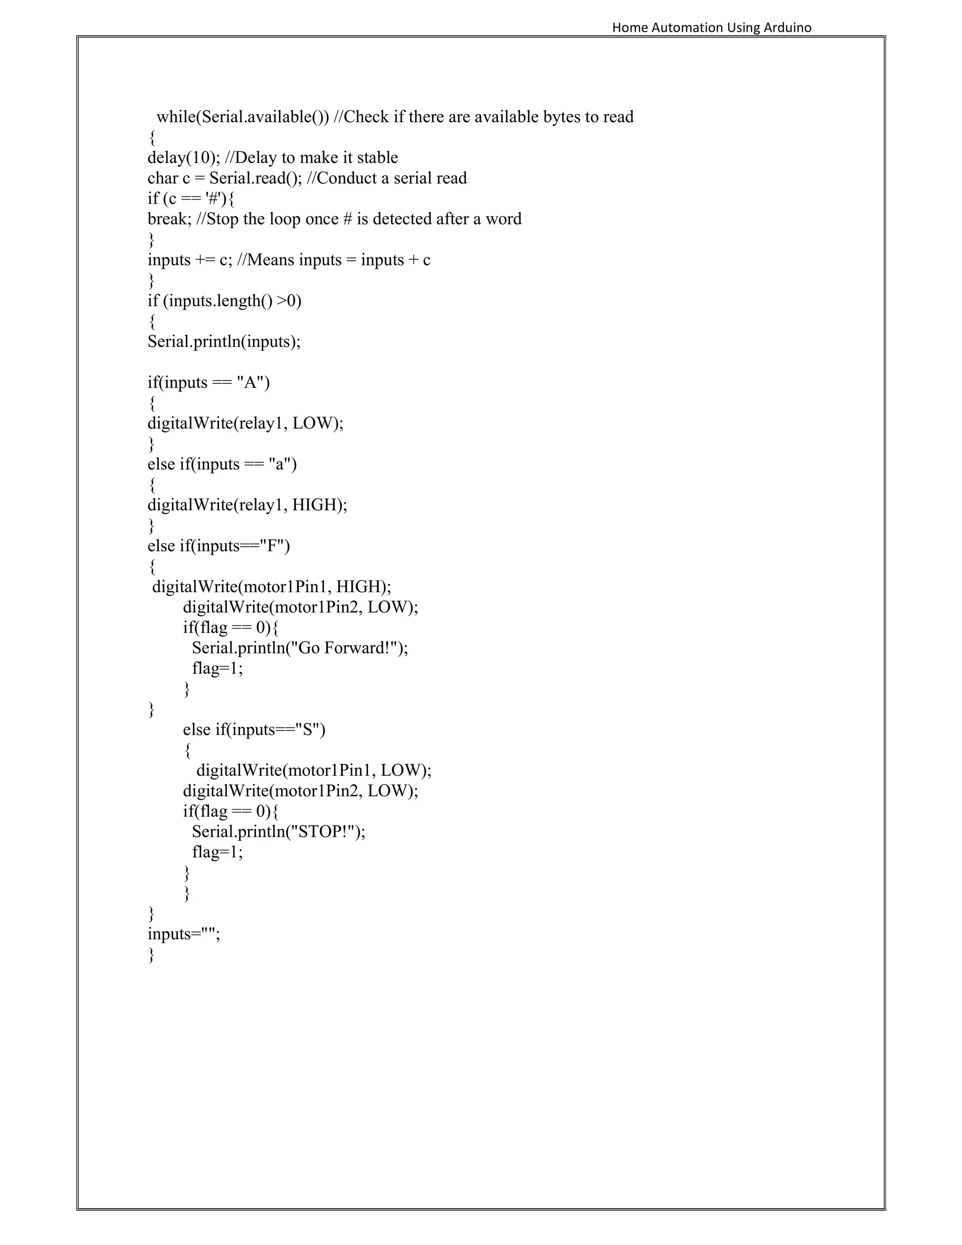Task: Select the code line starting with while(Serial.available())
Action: pos(395,117)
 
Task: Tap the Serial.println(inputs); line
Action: pos(224,342)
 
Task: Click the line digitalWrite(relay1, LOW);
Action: pos(245,424)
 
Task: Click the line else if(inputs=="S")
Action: pos(254,730)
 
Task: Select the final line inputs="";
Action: pos(184,934)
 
